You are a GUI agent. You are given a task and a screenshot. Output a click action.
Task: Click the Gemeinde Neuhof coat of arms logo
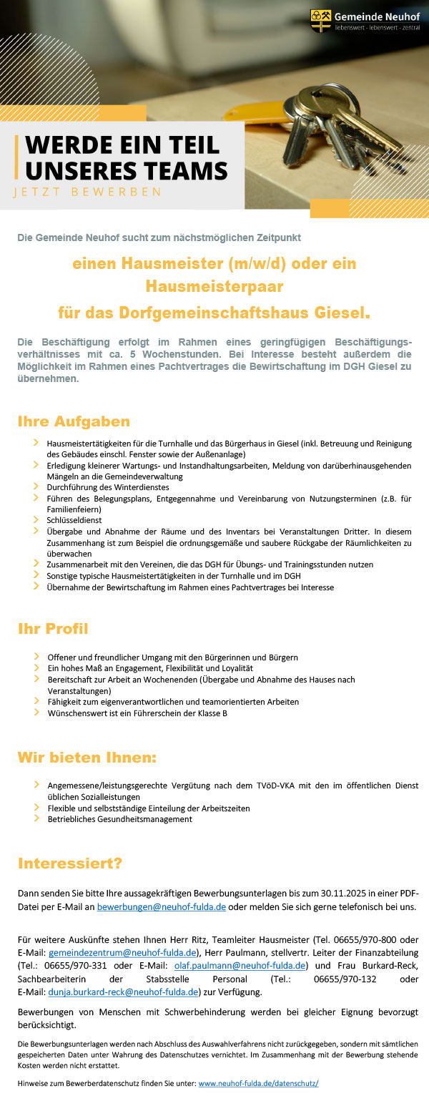[x=321, y=20]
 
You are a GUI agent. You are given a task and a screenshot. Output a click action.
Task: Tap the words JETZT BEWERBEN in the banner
[x=87, y=192]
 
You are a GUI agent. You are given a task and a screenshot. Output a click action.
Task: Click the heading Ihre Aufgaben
[x=74, y=421]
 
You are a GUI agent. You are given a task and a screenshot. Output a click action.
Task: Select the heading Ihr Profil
[x=53, y=629]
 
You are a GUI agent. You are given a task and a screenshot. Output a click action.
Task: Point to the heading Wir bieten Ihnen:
[x=87, y=757]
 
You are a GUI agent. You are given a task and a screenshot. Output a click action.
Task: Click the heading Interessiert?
[x=69, y=863]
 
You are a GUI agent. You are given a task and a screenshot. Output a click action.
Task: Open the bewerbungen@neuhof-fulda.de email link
[x=161, y=907]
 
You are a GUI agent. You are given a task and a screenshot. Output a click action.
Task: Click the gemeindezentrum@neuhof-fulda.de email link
[x=122, y=952]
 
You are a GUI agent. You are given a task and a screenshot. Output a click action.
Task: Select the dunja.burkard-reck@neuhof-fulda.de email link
[x=122, y=992]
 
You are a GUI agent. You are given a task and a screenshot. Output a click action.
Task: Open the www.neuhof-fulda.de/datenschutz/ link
[x=258, y=1083]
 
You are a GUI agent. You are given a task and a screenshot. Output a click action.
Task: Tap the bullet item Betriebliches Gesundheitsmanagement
[x=119, y=819]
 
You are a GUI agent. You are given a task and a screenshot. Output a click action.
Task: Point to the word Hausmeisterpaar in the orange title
[x=214, y=287]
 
